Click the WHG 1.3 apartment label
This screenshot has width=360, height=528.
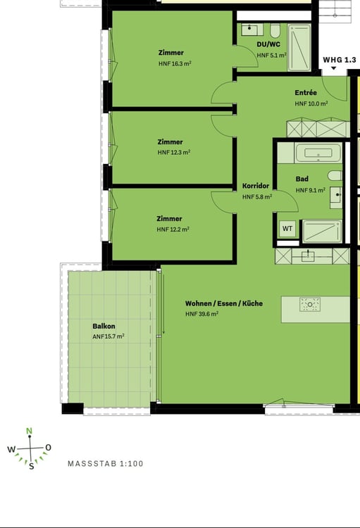click(340, 60)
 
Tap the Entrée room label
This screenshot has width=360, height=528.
click(306, 93)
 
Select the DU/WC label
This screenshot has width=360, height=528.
click(268, 44)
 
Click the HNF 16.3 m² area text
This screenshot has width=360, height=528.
click(175, 63)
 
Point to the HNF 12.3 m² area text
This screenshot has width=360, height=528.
click(174, 152)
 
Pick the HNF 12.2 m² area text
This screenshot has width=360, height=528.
click(173, 229)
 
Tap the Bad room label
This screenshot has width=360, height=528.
click(302, 179)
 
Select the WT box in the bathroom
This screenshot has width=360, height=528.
click(287, 228)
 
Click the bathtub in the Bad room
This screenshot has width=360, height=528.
click(318, 153)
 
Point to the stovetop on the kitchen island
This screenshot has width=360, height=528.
click(310, 305)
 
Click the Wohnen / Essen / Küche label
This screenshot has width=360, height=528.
click(224, 303)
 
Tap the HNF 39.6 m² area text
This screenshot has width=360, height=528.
click(201, 314)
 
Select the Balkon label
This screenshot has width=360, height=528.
click(104, 326)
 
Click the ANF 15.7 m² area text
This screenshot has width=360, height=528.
click(108, 337)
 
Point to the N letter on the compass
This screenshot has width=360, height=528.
click(30, 432)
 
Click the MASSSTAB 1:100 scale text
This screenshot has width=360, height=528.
click(105, 464)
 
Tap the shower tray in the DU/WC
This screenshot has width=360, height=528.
click(299, 47)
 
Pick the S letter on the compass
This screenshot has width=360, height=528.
click(31, 467)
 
